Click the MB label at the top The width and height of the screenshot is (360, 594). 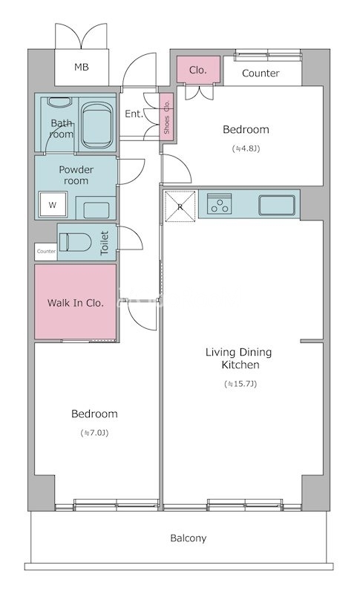(x=82, y=68)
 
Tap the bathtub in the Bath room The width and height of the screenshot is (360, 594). (x=97, y=125)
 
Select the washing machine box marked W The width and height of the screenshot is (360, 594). (x=53, y=205)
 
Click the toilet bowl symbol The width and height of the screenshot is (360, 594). (x=76, y=242)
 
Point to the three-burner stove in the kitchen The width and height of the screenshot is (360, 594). (x=220, y=203)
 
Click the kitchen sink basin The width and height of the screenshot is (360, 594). (x=277, y=206)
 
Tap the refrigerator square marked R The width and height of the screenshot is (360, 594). (x=180, y=206)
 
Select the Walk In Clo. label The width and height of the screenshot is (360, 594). (x=75, y=303)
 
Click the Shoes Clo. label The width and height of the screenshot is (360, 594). (x=166, y=117)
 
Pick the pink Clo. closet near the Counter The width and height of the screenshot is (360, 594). (x=198, y=70)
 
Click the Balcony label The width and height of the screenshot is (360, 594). (x=188, y=538)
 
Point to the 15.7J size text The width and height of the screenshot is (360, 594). (x=240, y=384)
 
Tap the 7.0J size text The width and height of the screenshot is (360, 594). (x=94, y=433)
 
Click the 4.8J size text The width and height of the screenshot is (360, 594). (x=246, y=148)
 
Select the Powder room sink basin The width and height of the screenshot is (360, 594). (x=96, y=210)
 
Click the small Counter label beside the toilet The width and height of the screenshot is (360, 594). (x=46, y=251)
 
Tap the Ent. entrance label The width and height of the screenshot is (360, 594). (x=134, y=114)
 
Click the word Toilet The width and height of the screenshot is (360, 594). (x=105, y=243)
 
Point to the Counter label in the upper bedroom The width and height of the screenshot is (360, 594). (x=261, y=73)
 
